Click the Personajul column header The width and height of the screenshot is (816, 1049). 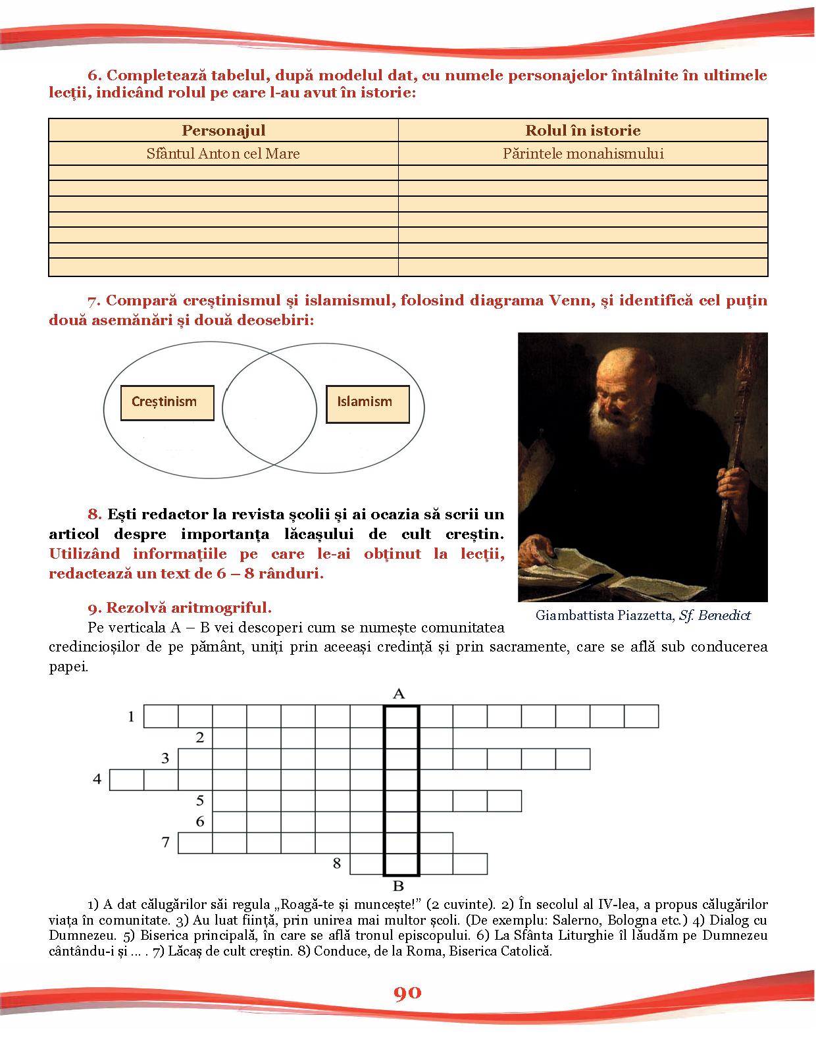click(223, 130)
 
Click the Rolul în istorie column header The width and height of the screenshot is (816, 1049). click(582, 130)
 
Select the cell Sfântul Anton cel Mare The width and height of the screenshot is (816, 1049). click(223, 153)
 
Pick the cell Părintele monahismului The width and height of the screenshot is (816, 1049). click(582, 153)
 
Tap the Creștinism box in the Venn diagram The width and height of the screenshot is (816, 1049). click(167, 402)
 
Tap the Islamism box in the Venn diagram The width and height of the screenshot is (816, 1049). click(367, 402)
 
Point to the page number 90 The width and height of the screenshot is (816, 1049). click(407, 993)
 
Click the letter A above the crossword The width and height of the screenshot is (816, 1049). click(399, 694)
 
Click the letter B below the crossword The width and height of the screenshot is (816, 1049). click(398, 885)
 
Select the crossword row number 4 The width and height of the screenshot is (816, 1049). click(97, 779)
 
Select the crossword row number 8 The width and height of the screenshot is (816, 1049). click(337, 863)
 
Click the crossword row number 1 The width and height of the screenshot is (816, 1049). click(131, 716)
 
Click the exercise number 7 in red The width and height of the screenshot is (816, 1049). click(93, 301)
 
